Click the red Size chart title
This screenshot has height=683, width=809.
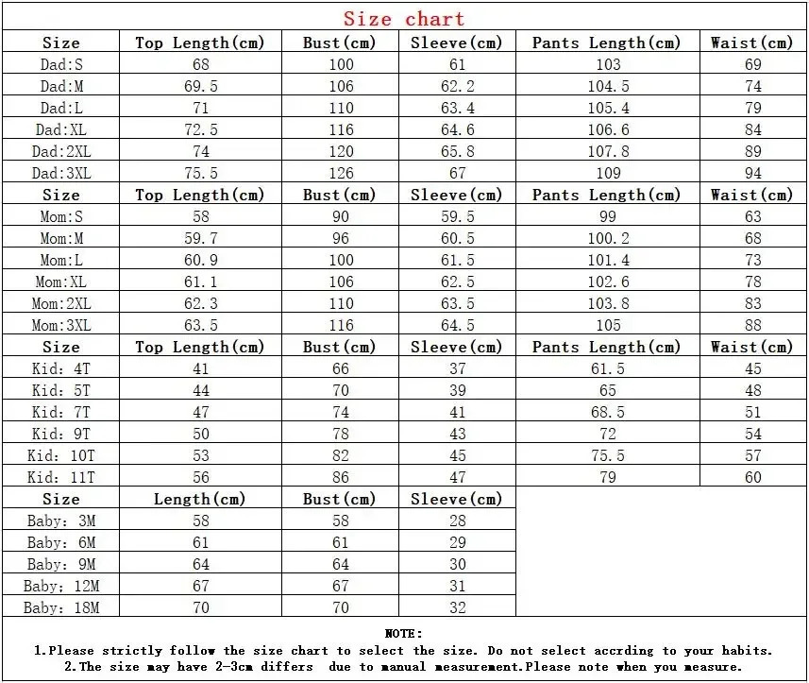[404, 19]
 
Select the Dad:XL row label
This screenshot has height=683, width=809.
[60, 129]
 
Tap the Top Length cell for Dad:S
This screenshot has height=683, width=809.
[200, 64]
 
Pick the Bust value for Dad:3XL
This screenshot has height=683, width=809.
[340, 173]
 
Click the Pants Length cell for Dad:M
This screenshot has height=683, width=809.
[608, 86]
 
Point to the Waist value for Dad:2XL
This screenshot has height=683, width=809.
[752, 151]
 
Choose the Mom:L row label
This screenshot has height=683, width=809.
[60, 260]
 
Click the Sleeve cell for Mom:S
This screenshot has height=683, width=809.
[457, 216]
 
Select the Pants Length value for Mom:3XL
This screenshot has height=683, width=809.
[608, 325]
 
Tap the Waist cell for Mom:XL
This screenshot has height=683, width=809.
[752, 282]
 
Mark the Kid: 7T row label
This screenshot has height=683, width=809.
[60, 412]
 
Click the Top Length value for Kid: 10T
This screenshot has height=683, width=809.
[200, 455]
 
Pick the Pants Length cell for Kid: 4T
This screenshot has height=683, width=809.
[608, 368]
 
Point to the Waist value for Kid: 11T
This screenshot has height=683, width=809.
[752, 477]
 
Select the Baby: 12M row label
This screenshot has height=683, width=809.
[60, 586]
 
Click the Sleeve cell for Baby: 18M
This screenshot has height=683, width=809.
[457, 607]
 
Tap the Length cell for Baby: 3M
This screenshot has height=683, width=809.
[200, 521]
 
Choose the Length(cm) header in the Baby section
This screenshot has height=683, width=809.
[200, 499]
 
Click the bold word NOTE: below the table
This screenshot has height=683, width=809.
[404, 633]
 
